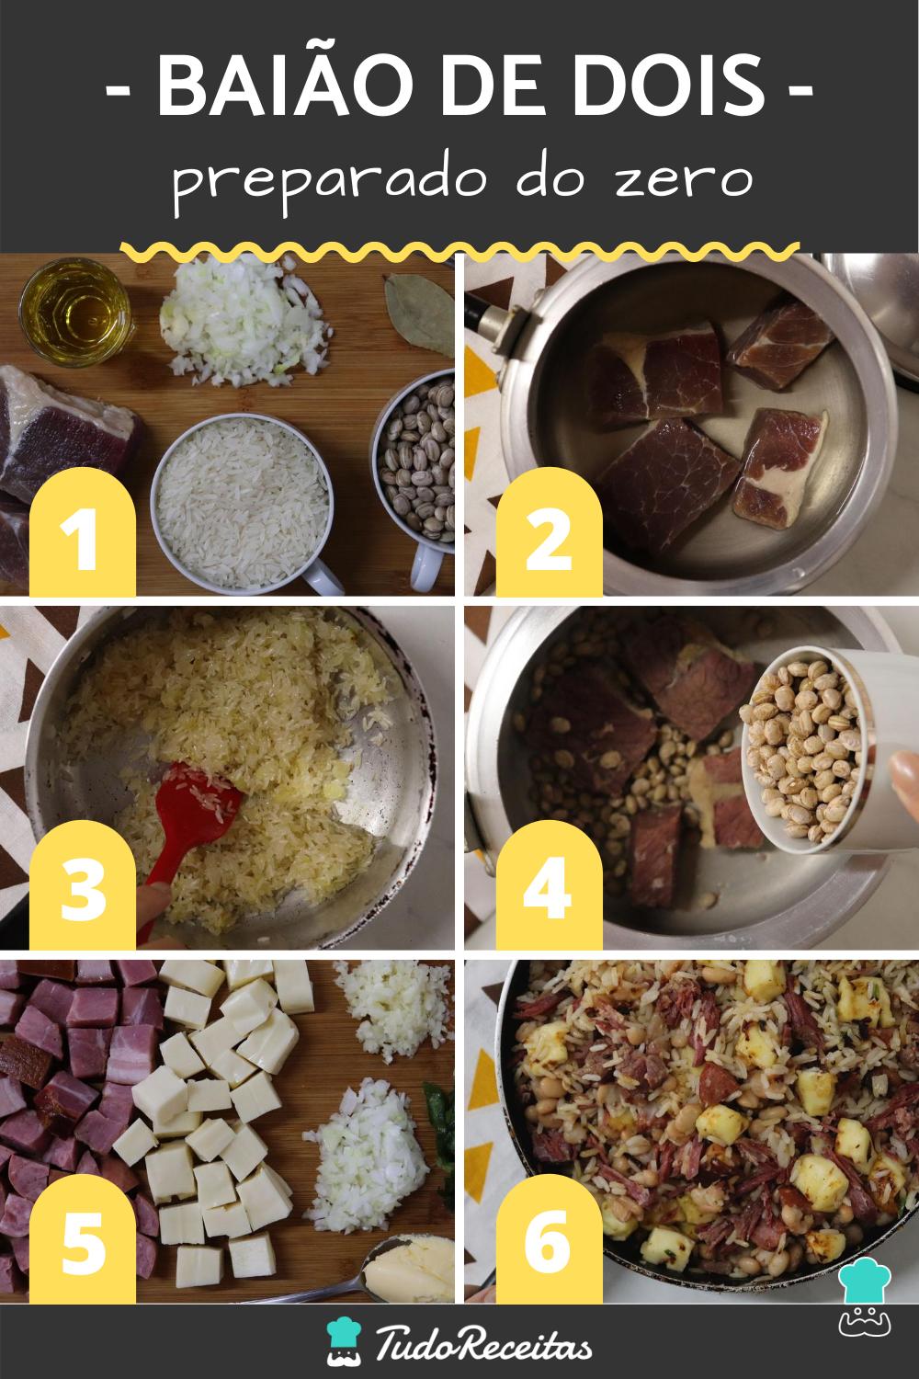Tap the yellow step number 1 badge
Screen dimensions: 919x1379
pos(83,532)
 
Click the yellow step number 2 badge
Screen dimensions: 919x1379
pos(549,532)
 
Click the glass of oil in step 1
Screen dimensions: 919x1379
pos(75,313)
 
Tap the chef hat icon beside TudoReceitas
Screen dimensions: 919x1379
pos(344,1340)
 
